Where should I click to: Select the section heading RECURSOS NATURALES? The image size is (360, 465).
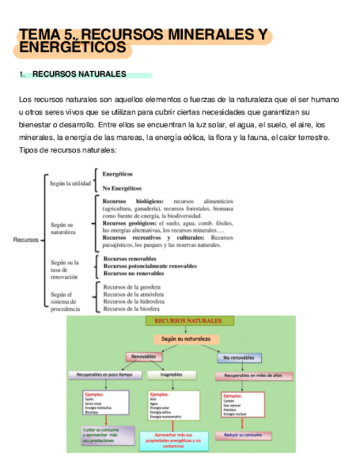pos(79,75)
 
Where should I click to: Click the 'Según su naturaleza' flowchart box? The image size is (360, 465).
pos(186,339)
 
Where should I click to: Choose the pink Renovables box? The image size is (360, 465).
pos(144,357)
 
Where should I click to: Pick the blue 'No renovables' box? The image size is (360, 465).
pos(239,358)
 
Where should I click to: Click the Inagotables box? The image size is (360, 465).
pos(171,375)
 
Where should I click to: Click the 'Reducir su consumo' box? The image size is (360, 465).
pos(243,435)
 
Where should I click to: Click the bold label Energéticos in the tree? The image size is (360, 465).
pos(117,174)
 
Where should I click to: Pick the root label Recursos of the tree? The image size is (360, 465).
pos(26,240)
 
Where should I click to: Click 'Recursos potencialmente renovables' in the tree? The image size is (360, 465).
pos(150,266)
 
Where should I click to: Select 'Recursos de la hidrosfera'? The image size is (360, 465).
pos(133,301)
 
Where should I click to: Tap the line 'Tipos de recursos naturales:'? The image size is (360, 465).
pos(68,150)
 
